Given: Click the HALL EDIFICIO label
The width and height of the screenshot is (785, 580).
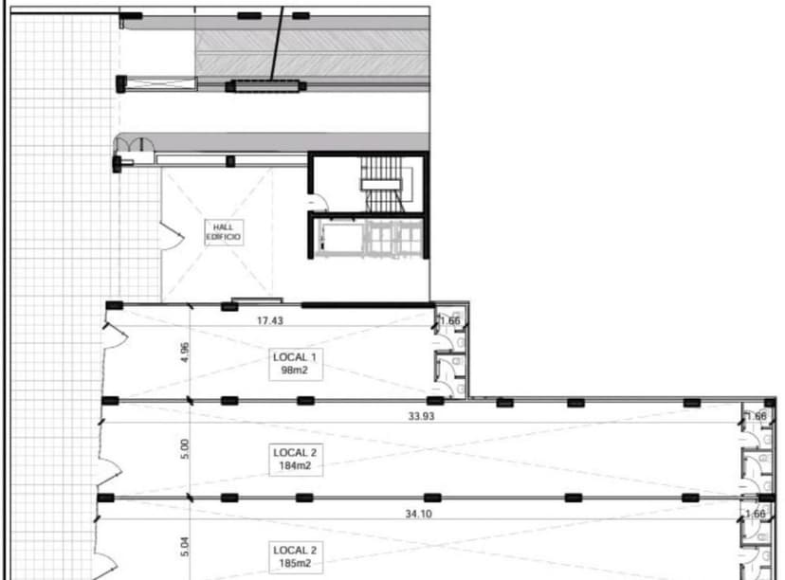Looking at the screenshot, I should click(224, 232).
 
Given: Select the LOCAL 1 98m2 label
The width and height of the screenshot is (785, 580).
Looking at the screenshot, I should click(295, 364).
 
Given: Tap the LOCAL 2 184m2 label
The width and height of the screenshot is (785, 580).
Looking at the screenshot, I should click(295, 459).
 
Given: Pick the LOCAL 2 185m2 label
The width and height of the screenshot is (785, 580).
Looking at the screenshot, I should click(295, 556).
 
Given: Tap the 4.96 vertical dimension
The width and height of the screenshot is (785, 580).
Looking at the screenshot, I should click(185, 353).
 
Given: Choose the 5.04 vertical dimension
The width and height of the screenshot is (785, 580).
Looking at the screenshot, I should click(185, 548).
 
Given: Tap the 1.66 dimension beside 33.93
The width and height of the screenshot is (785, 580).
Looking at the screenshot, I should click(756, 416).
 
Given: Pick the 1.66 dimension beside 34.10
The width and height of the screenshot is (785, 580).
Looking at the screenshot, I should click(756, 515).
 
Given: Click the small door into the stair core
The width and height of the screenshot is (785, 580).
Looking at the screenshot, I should click(319, 201).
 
